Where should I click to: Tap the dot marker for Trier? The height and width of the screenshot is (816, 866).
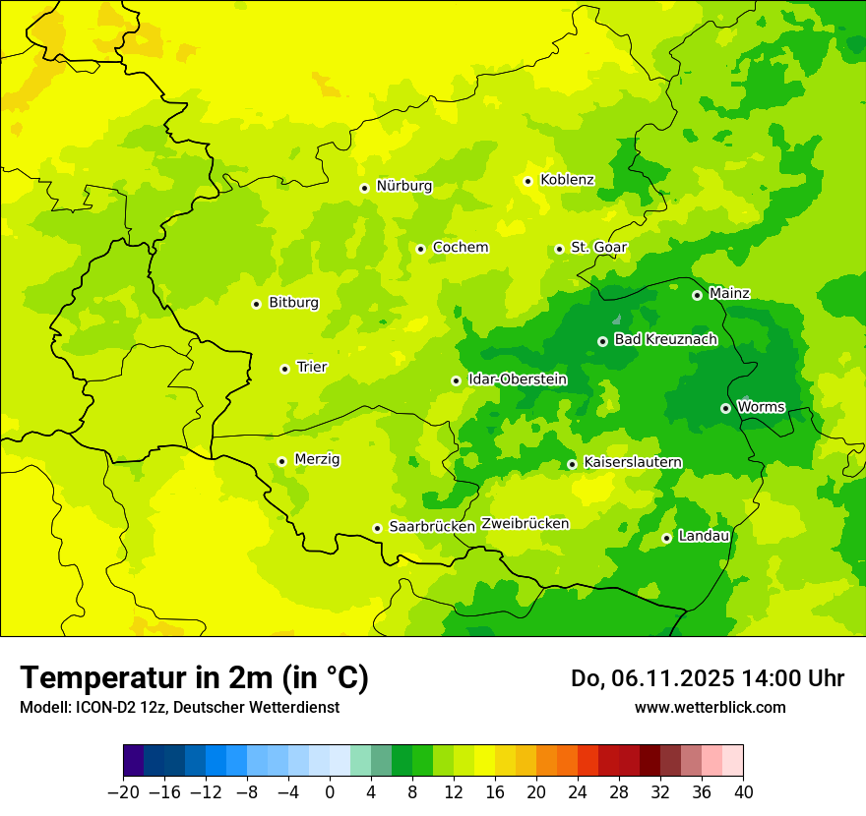285,369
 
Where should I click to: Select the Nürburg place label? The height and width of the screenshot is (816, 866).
403,186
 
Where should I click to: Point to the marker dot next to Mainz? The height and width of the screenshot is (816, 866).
697,295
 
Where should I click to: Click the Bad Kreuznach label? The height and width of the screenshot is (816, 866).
665,340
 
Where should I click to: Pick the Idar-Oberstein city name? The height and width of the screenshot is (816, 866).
518,379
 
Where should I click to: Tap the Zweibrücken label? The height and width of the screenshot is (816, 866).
525,524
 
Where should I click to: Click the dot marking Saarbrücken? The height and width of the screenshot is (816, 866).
377,528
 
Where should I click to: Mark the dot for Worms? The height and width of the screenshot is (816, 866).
725,408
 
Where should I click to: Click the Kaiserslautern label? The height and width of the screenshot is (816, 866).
633,463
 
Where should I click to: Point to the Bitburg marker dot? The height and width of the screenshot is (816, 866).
256,304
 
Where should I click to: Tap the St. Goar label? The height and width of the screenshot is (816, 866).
598,248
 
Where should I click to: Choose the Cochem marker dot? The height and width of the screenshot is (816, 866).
420,249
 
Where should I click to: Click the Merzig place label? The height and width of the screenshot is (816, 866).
317,459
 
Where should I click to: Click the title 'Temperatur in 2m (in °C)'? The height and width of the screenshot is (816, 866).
194,678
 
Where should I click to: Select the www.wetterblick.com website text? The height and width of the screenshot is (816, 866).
710,707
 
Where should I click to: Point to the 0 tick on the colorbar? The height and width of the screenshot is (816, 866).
330,792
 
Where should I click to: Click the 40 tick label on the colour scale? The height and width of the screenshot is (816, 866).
743,792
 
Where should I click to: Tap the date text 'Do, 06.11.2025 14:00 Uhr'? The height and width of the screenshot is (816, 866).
707,678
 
